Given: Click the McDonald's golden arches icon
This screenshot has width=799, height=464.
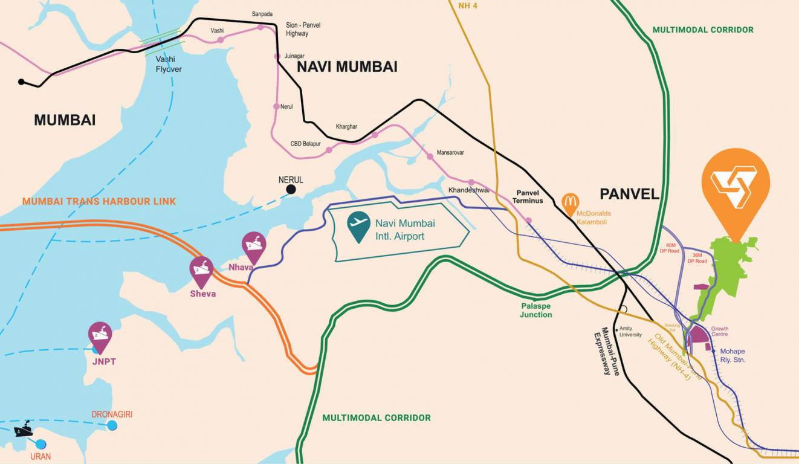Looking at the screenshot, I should click(570, 204).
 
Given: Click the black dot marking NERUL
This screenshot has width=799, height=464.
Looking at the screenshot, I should click(291, 190).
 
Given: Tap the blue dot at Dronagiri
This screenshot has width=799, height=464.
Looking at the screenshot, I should click(112, 425).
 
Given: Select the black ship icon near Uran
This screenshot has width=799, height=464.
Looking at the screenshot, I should click(23, 429).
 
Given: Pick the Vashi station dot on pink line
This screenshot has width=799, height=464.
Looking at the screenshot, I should click(220, 39).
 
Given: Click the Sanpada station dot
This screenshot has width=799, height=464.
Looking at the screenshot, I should click(260, 27).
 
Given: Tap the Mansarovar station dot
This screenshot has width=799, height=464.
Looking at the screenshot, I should click(430, 156).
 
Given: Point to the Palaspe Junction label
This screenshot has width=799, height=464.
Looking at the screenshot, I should click(536, 310).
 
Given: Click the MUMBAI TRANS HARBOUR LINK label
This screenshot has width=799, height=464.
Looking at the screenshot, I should click(99, 201).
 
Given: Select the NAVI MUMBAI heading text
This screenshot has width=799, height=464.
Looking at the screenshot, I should click(347, 67).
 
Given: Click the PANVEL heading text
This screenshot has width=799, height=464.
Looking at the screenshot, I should click(629, 194).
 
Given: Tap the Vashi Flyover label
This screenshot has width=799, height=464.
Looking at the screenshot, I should click(169, 64).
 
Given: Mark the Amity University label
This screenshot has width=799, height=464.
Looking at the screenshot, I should click(630, 332).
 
